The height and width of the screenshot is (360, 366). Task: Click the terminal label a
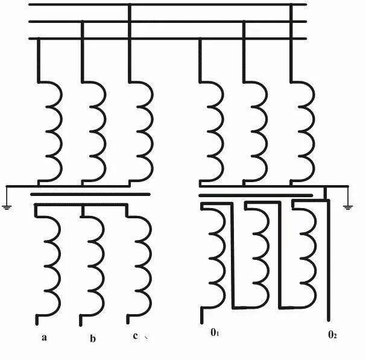coord(44,337)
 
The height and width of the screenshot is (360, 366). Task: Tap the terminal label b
coord(92,338)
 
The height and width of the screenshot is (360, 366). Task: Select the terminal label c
coord(135,336)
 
